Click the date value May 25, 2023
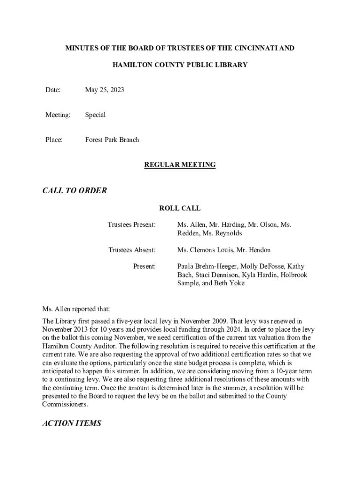point(104,90)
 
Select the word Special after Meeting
point(95,115)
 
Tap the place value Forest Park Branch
point(112,139)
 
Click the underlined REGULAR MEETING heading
point(180,165)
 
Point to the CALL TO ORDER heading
point(74,190)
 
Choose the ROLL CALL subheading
point(180,208)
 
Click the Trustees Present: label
point(132,225)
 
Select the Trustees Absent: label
point(132,250)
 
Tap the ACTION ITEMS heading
point(72,423)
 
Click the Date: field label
point(53,90)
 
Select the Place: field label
point(54,139)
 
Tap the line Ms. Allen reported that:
point(76,309)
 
